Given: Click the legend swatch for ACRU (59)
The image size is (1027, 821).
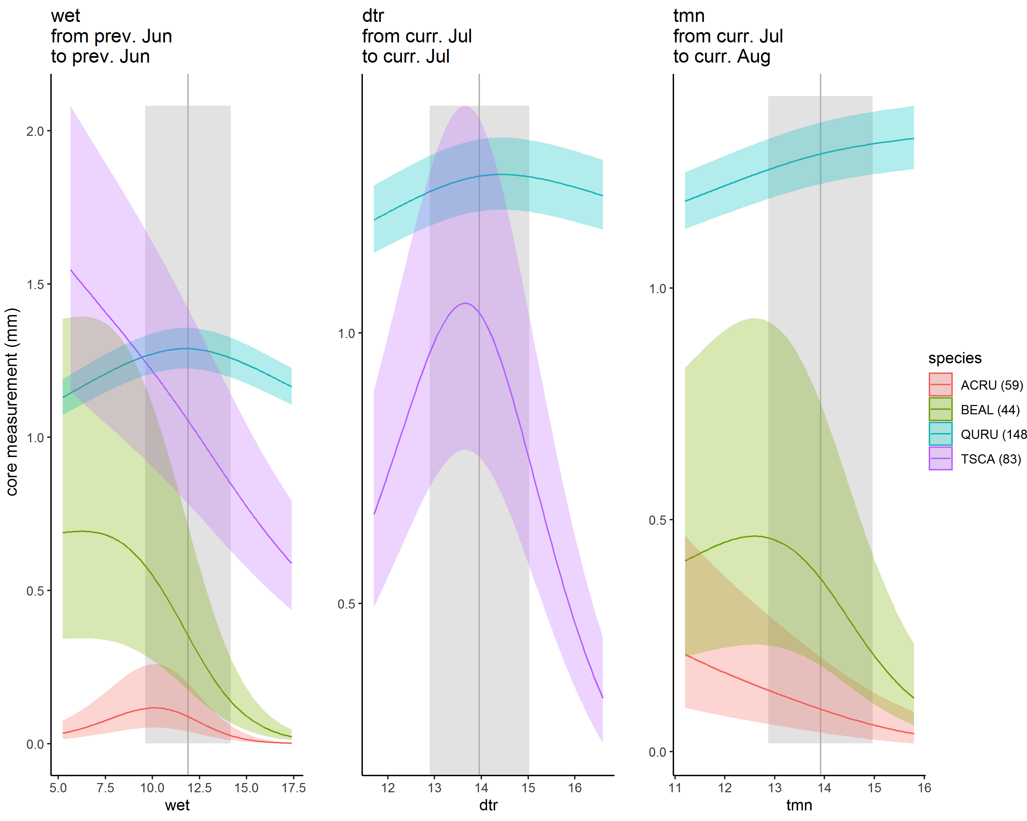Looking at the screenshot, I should click(x=940, y=385).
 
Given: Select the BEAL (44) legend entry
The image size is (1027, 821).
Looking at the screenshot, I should click(x=990, y=410).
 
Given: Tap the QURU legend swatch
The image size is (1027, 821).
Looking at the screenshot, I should click(x=940, y=434).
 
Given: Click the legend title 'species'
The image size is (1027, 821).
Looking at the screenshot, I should click(x=954, y=358).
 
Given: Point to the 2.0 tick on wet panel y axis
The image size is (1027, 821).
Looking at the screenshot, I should click(x=35, y=131).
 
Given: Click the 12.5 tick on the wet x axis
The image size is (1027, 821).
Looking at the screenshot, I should click(x=199, y=788).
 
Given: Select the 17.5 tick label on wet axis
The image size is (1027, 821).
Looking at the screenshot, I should click(x=293, y=788).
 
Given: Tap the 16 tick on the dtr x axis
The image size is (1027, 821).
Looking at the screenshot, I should click(x=575, y=788).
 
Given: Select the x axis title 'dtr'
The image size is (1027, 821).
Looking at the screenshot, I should click(x=488, y=805).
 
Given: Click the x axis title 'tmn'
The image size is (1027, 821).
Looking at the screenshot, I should click(x=799, y=805).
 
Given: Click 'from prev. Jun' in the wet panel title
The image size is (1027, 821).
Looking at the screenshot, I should click(x=112, y=36).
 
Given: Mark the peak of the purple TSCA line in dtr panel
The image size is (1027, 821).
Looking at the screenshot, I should click(x=465, y=303).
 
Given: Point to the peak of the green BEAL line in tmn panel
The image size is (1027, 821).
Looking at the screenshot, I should click(x=755, y=536).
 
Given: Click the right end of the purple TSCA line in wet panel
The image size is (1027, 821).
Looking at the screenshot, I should click(x=291, y=563).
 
